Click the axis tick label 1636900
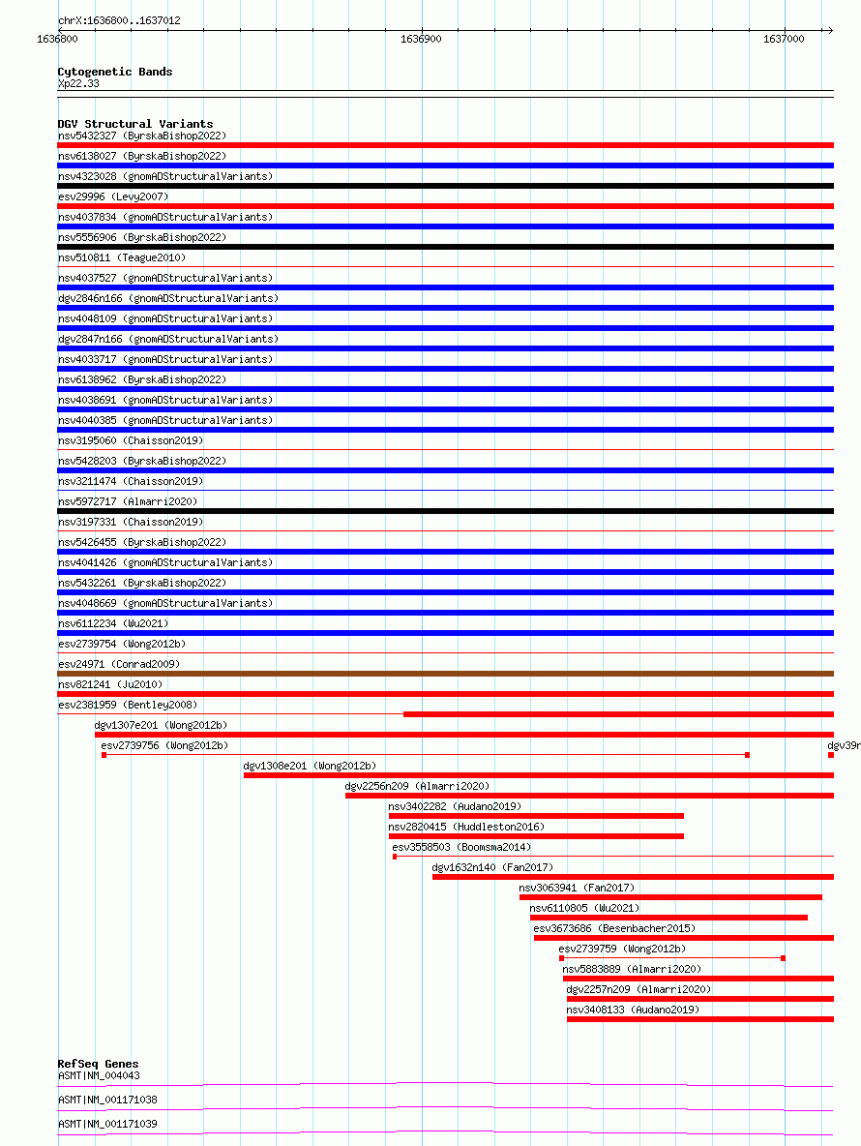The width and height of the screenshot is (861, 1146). pyautogui.click(x=421, y=39)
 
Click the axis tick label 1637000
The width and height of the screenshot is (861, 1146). pyautogui.click(x=784, y=39)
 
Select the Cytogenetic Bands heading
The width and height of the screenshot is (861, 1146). pyautogui.click(x=114, y=72)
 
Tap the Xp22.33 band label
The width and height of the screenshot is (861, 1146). pyautogui.click(x=78, y=83)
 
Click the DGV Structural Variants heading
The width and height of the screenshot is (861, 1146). pyautogui.click(x=134, y=124)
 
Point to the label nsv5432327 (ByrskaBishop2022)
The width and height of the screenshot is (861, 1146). pyautogui.click(x=141, y=136)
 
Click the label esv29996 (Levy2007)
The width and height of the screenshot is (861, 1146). pyautogui.click(x=113, y=196)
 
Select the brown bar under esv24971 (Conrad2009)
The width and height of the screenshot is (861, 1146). pyautogui.click(x=445, y=674)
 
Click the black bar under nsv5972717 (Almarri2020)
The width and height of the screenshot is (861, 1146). pyautogui.click(x=445, y=511)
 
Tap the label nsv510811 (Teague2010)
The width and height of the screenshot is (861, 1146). pyautogui.click(x=121, y=257)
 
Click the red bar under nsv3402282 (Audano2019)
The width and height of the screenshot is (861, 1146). pyautogui.click(x=536, y=816)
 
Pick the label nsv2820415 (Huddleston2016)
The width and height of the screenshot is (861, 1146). pyautogui.click(x=466, y=827)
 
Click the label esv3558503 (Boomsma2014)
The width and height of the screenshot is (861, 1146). pyautogui.click(x=461, y=847)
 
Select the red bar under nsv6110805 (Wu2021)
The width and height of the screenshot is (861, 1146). pyautogui.click(x=668, y=918)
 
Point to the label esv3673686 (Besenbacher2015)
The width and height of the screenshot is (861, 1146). pyautogui.click(x=613, y=928)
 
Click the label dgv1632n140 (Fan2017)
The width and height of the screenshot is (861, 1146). pyautogui.click(x=492, y=867)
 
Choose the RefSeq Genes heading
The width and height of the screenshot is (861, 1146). pyautogui.click(x=98, y=1064)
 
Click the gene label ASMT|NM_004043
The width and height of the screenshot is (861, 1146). pyautogui.click(x=99, y=1075)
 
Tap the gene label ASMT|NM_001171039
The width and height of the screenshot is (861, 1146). pyautogui.click(x=107, y=1124)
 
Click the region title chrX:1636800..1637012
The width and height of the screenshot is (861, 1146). pyautogui.click(x=119, y=20)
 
